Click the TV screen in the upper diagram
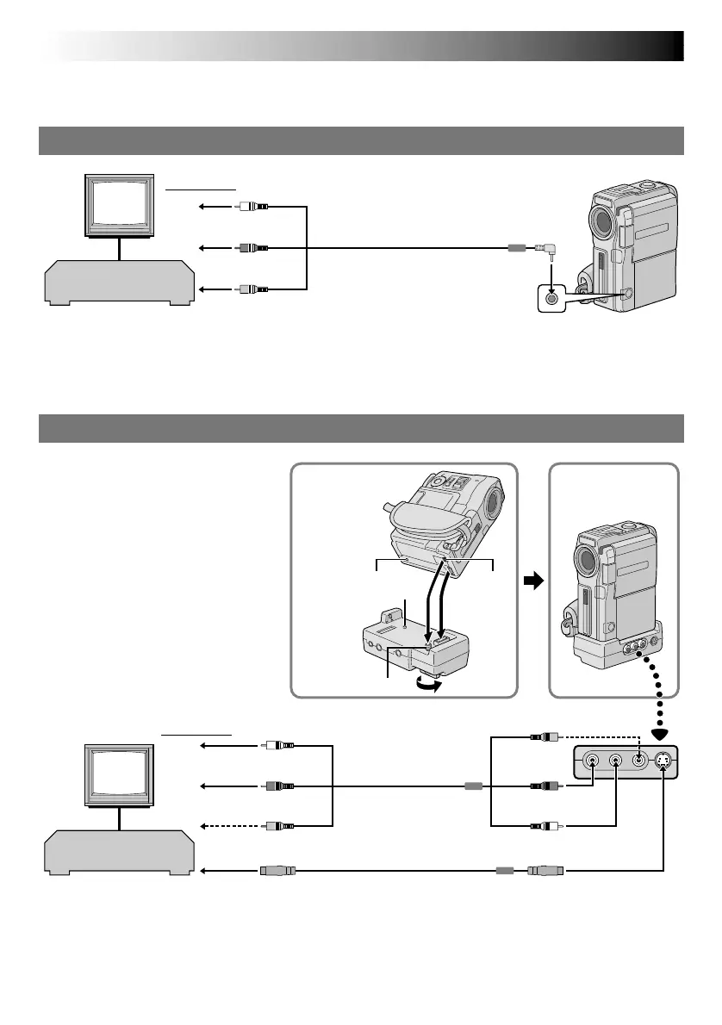pyautogui.click(x=120, y=205)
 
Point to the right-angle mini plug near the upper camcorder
pyautogui.click(x=544, y=250)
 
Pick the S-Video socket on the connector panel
pyautogui.click(x=663, y=761)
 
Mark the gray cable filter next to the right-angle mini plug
pyautogui.click(x=516, y=248)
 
